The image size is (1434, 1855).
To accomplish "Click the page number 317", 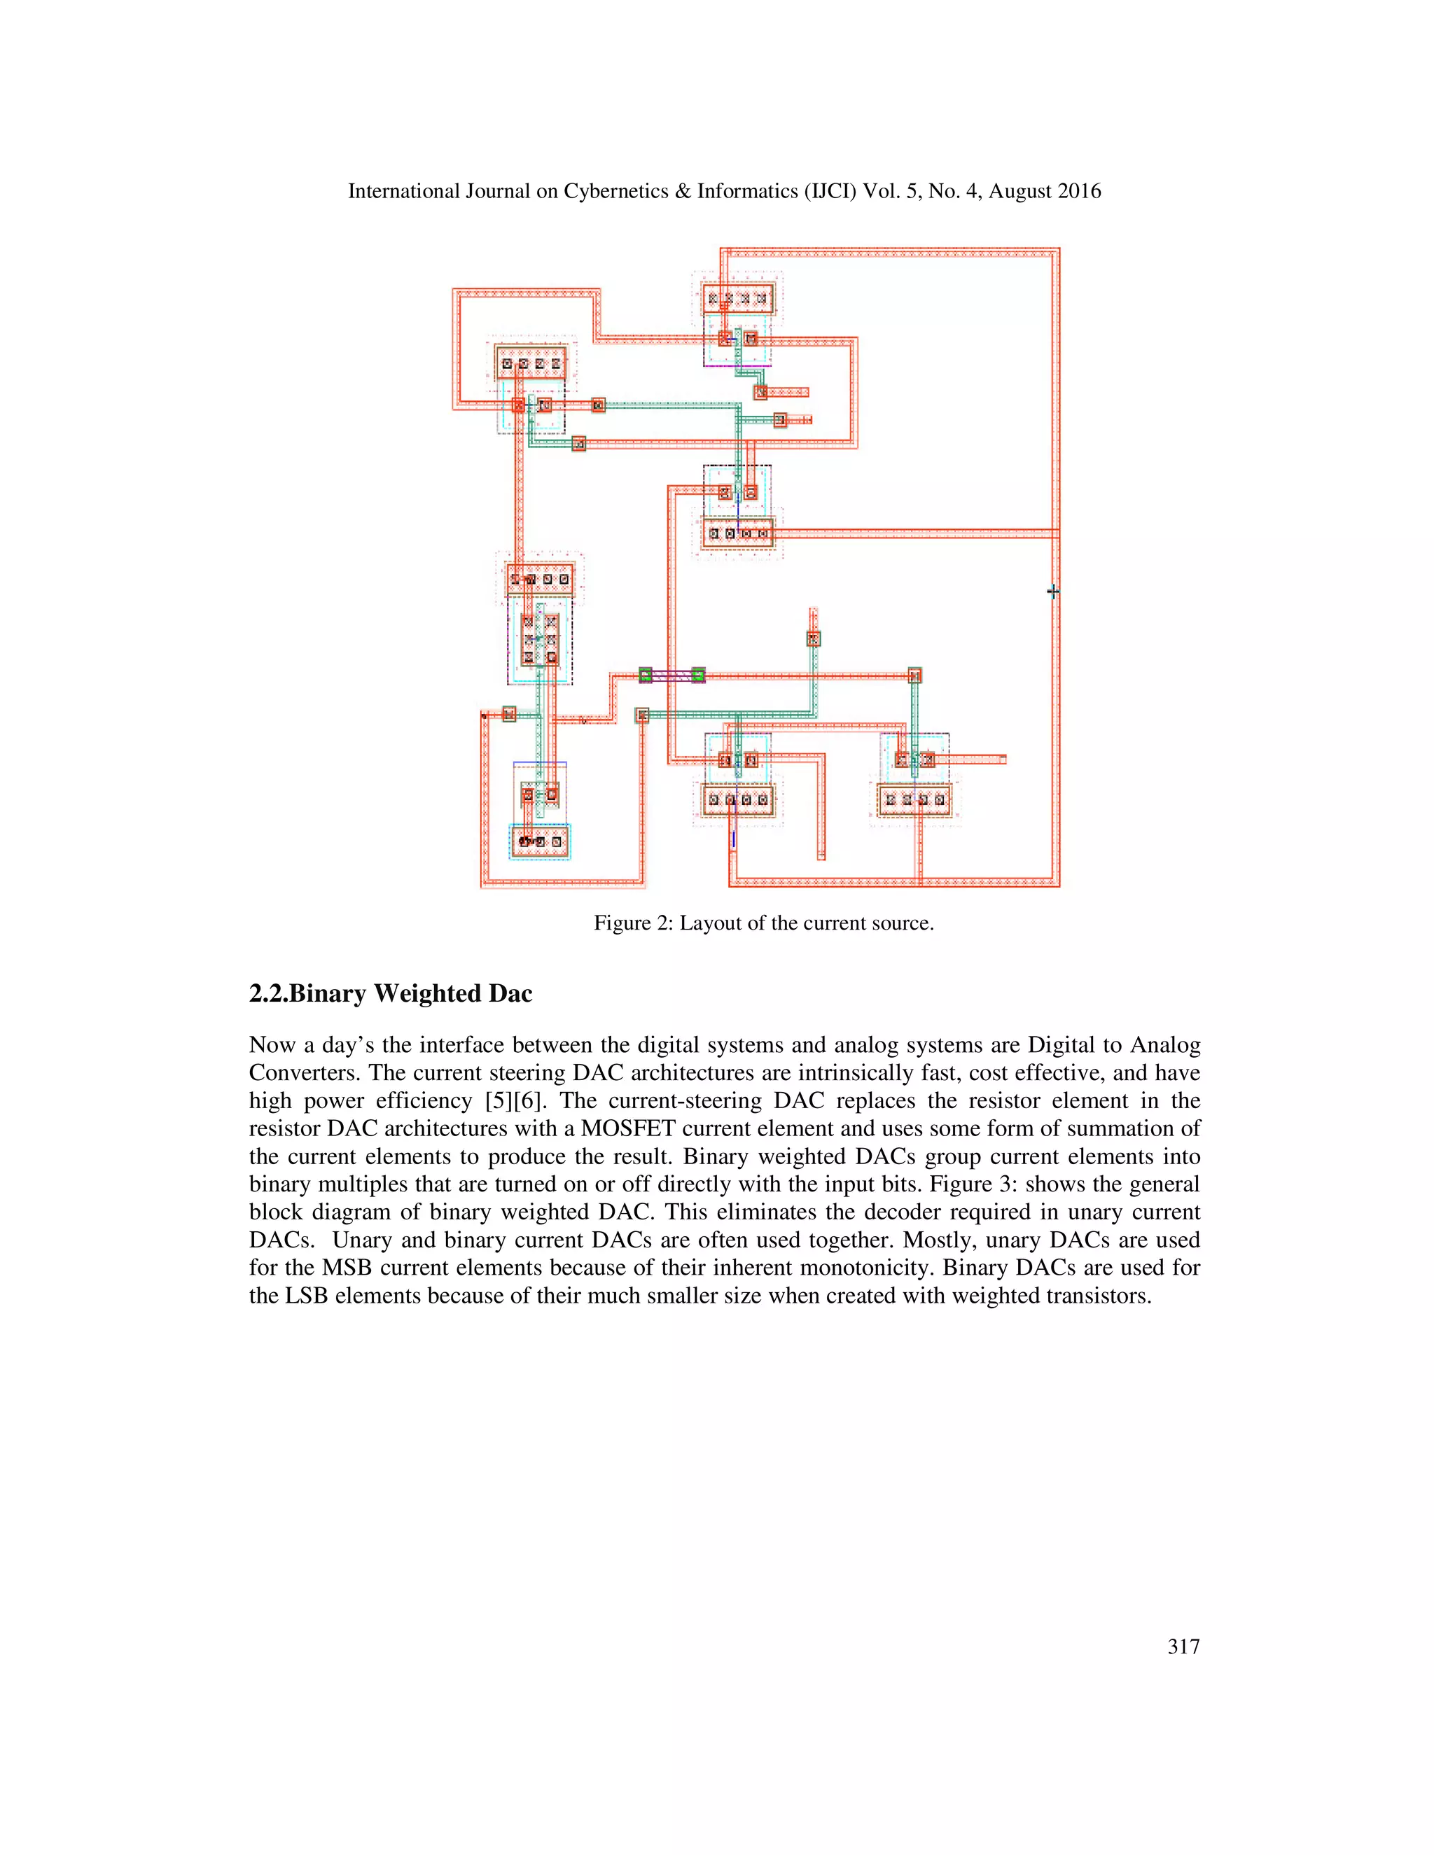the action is point(1183,1647).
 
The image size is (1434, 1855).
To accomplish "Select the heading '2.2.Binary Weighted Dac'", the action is point(391,994).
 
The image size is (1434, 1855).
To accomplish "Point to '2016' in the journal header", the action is point(1077,192).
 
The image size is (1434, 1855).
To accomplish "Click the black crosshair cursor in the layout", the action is point(1052,591).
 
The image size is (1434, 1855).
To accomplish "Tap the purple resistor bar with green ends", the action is point(671,675).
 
